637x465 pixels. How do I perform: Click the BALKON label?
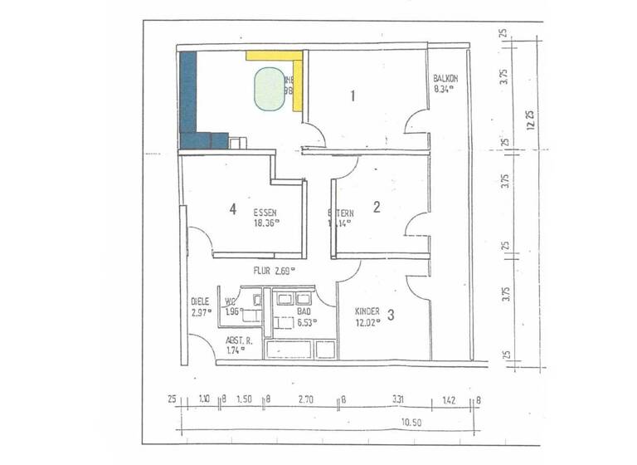tap(446, 79)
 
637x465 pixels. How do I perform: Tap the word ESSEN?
tap(265, 213)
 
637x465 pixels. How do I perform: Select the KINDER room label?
tap(367, 311)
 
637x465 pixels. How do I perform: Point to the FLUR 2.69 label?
tap(275, 270)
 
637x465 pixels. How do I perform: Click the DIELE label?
tap(200, 302)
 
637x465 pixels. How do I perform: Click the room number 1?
tap(353, 95)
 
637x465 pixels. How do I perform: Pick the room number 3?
tap(391, 314)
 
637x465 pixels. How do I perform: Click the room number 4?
tap(233, 209)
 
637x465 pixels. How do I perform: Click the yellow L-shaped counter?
tap(297, 75)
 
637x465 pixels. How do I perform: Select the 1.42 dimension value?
tap(450, 400)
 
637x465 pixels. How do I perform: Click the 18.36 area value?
tap(266, 223)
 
